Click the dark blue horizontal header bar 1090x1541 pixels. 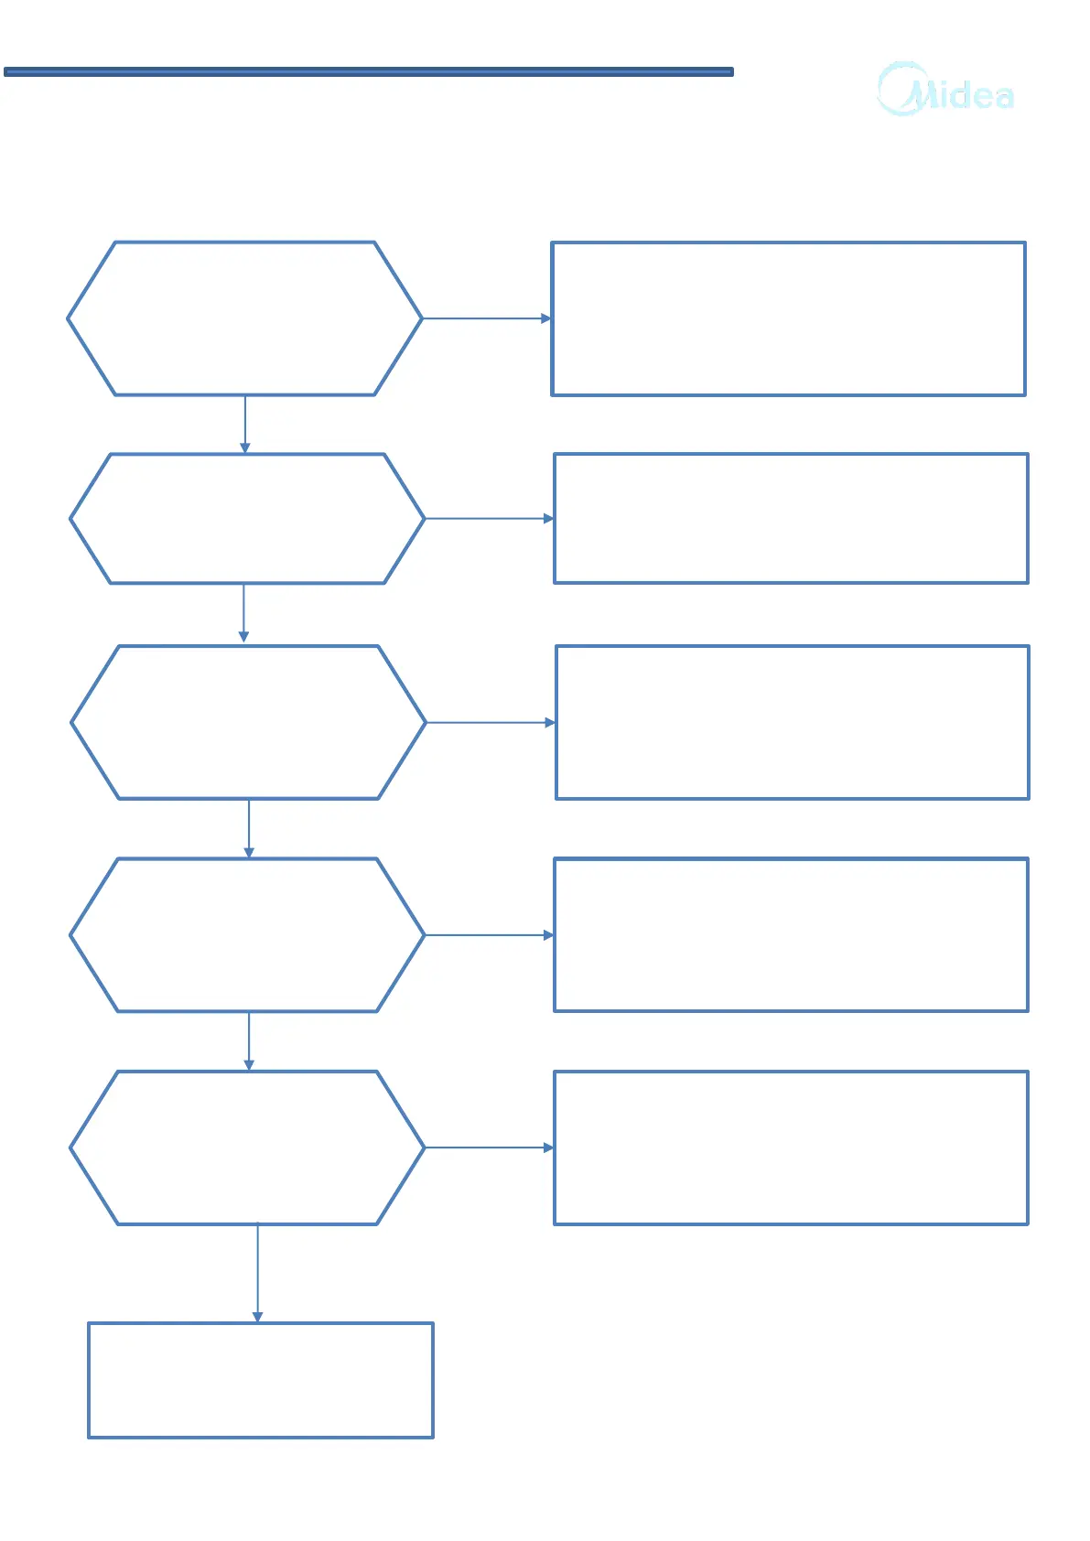[x=368, y=71]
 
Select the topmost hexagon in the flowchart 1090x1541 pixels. [x=244, y=318]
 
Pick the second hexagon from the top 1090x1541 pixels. [x=246, y=518]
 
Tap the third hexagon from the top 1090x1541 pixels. [x=248, y=722]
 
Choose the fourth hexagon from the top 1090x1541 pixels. [x=247, y=934]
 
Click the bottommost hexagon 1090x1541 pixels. [x=247, y=1148]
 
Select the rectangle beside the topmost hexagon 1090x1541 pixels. [x=788, y=318]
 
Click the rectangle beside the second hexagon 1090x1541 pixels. [x=791, y=518]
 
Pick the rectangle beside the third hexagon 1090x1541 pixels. [x=792, y=722]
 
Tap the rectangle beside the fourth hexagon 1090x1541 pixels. [x=791, y=934]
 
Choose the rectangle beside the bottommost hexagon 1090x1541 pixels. [x=791, y=1148]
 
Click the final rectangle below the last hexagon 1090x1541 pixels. [x=260, y=1380]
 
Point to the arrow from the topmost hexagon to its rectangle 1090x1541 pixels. [x=487, y=318]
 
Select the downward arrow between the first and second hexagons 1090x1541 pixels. [x=244, y=424]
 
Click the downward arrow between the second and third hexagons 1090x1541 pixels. [x=243, y=613]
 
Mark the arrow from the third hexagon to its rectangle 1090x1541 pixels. [x=491, y=722]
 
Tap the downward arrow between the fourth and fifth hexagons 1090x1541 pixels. [x=248, y=1040]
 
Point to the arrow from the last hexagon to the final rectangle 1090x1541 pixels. [x=257, y=1273]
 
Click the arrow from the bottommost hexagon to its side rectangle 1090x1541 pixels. [x=490, y=1148]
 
